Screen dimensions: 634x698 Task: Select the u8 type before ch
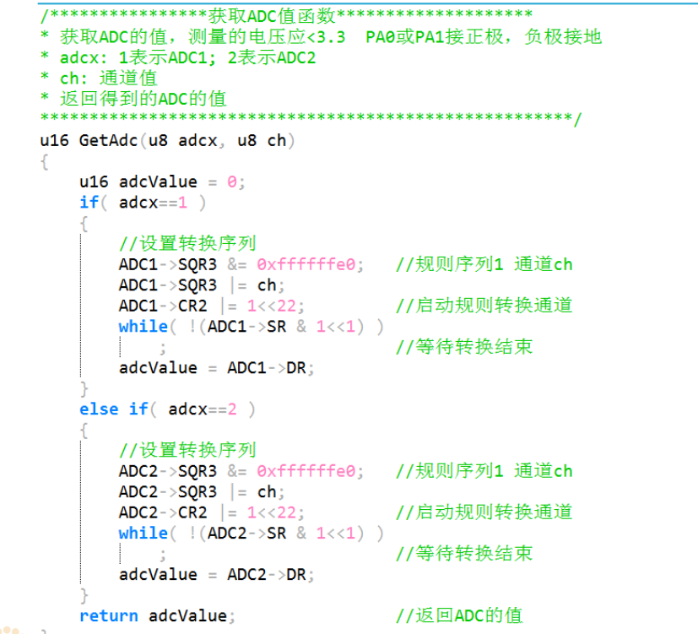(246, 140)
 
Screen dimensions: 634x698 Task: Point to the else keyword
(99, 409)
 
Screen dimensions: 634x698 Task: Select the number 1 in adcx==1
(182, 203)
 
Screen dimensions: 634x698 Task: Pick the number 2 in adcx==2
(231, 409)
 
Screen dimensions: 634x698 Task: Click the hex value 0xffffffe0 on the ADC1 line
(310, 264)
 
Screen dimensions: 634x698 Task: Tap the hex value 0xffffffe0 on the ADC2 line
(310, 471)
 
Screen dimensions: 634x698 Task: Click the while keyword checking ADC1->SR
(143, 326)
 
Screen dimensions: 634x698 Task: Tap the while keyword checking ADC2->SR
(143, 533)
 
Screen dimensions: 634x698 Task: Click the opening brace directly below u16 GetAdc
(45, 160)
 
